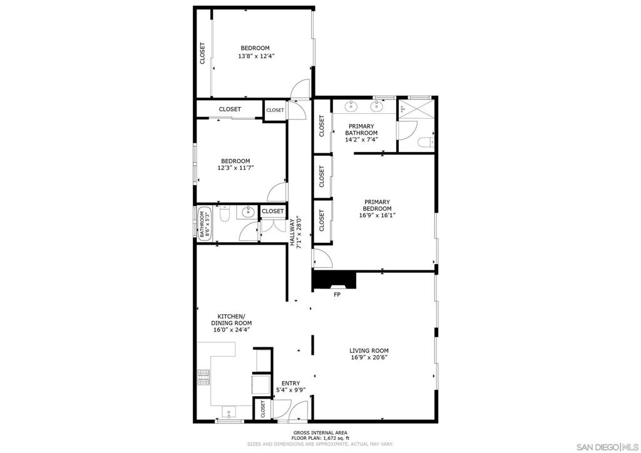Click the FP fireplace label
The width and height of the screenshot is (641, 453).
[337, 295]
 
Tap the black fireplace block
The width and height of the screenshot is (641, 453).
[334, 280]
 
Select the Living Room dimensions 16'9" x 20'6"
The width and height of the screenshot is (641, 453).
[369, 357]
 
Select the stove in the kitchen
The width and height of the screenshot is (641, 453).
[203, 377]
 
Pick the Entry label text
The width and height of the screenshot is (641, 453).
[290, 384]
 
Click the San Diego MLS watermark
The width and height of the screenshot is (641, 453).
[607, 446]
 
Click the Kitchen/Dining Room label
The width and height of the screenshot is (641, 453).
[232, 320]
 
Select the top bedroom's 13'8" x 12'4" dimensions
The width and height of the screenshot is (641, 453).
[256, 56]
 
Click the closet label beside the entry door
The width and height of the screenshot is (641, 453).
[262, 409]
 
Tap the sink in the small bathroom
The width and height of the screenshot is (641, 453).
[248, 212]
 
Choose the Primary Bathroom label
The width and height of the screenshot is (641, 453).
[361, 130]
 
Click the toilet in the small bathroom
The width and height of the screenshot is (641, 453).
[225, 213]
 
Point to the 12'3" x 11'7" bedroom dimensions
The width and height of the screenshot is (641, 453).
[235, 168]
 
